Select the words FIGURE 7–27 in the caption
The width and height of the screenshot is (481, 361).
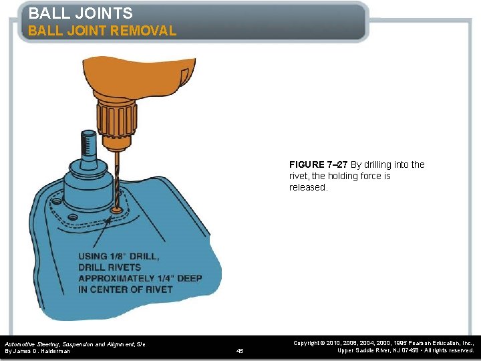319,164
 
